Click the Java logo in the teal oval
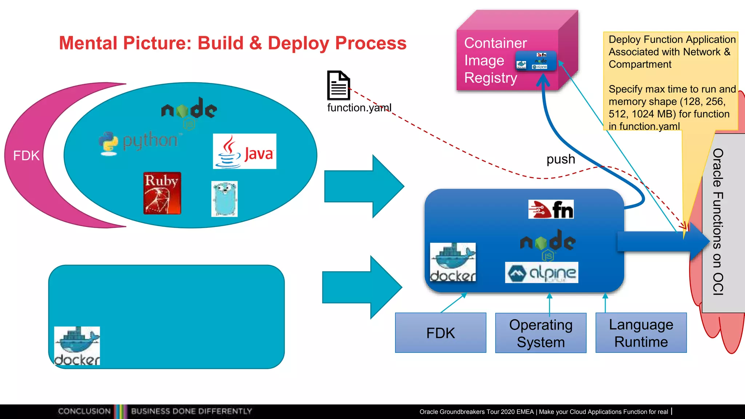[x=244, y=151]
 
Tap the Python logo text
[x=150, y=140]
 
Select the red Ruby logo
[x=162, y=193]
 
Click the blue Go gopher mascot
[x=224, y=199]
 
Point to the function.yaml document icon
[x=338, y=85]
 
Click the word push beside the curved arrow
[x=561, y=159]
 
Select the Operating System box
[x=541, y=333]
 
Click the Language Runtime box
[x=641, y=333]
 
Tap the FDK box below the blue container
[x=441, y=333]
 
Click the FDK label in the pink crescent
[x=26, y=156]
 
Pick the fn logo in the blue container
[x=551, y=209]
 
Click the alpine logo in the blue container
[x=541, y=272]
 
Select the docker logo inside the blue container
[x=453, y=262]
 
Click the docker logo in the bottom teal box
[x=77, y=346]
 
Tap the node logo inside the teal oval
[x=189, y=109]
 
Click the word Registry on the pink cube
[x=490, y=78]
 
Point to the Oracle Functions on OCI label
[x=718, y=222]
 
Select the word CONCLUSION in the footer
[x=84, y=411]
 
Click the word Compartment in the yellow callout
[x=640, y=64]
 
